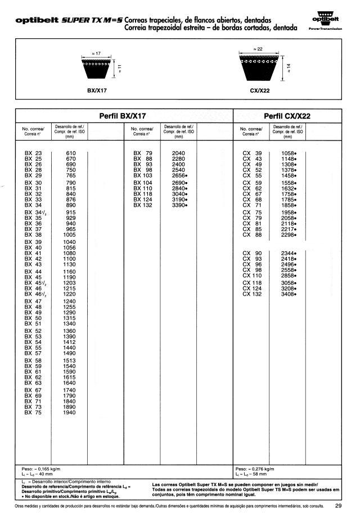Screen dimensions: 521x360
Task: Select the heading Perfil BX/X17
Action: (x=122, y=116)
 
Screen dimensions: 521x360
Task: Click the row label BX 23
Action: (x=33, y=153)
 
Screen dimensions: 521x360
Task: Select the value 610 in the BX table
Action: (x=71, y=153)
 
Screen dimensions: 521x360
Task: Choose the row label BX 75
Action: (x=33, y=413)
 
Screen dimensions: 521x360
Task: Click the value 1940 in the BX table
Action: (x=70, y=413)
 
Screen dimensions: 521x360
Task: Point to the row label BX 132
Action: (x=142, y=205)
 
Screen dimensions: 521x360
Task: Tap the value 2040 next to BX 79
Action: (x=178, y=153)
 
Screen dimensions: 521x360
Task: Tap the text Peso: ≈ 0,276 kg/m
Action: (x=255, y=469)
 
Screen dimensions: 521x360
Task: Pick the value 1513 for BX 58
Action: (x=70, y=360)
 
